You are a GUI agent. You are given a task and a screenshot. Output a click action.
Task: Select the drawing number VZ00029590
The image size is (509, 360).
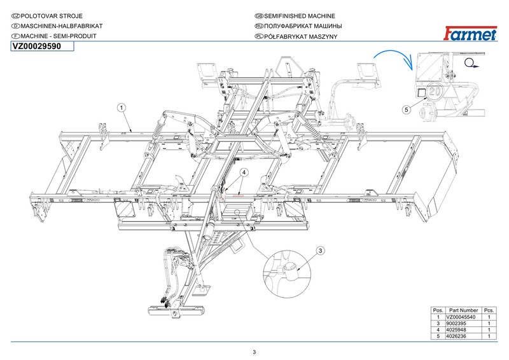point(37,47)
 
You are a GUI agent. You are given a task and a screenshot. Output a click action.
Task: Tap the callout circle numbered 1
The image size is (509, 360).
point(121,108)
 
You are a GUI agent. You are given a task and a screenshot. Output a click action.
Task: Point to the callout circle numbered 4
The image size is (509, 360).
point(244,172)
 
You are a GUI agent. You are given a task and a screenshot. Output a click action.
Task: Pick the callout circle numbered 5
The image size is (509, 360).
point(407,109)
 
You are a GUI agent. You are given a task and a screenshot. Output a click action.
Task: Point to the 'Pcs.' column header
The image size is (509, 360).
point(489,310)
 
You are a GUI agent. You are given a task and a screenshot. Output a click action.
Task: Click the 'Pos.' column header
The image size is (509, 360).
point(438,310)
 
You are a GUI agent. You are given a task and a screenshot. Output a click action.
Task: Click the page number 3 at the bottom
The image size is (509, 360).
point(254,352)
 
